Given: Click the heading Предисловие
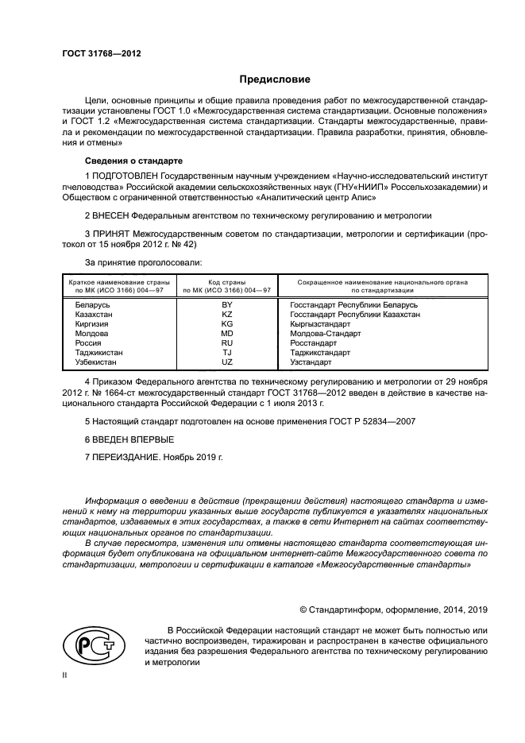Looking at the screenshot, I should (x=276, y=79).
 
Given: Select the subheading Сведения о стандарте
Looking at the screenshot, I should (x=129, y=160).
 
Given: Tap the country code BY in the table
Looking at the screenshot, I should (x=227, y=304).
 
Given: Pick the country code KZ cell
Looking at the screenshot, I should (x=227, y=314).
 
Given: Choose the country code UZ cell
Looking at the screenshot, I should (x=227, y=362).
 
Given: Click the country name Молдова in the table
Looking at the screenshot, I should (x=91, y=333).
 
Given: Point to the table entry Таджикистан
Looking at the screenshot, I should (x=98, y=352).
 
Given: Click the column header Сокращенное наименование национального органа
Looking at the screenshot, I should (x=382, y=282).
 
